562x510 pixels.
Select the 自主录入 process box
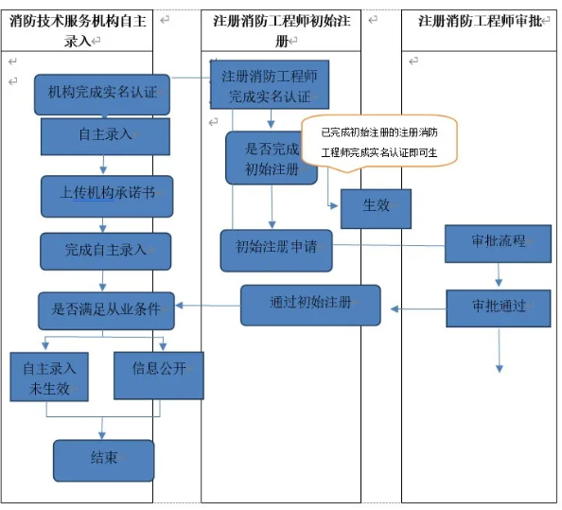(105, 135)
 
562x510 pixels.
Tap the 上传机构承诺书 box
(107, 194)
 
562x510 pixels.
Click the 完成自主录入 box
(106, 251)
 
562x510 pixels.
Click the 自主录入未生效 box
(49, 376)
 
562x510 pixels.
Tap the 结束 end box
(103, 460)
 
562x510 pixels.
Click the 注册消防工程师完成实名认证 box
(269, 85)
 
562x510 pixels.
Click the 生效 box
(376, 208)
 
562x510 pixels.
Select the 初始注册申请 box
(276, 249)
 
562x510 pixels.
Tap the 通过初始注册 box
(310, 305)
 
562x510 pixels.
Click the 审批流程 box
(498, 242)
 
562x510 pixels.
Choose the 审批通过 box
(498, 308)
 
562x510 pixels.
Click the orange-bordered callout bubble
(378, 142)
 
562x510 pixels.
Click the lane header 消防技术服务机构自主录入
(77, 30)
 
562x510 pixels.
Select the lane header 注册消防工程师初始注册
(281, 30)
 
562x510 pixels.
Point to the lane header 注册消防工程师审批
(480, 21)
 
